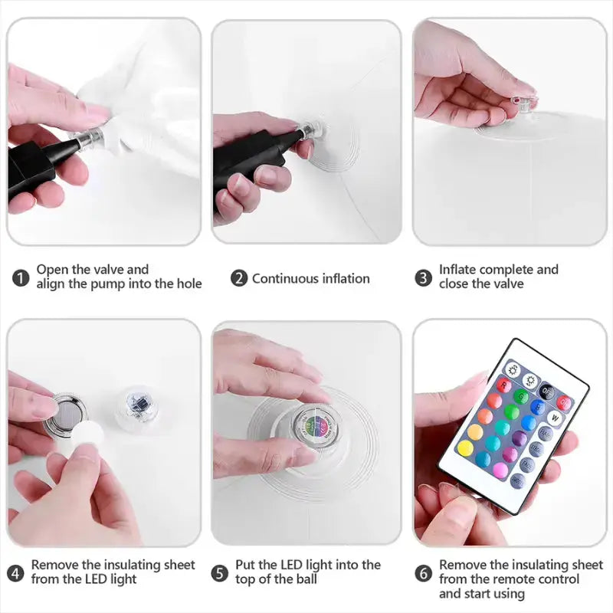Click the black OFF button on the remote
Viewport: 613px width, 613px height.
[x=547, y=391]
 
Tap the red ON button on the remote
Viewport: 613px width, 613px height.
[x=565, y=402]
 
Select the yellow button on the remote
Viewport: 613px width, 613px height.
[x=466, y=447]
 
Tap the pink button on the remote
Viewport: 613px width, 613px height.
[x=501, y=470]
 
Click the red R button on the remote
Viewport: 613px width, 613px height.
[x=504, y=385]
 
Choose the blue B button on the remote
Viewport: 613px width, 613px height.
[x=539, y=407]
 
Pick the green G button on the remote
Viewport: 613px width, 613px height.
[x=521, y=396]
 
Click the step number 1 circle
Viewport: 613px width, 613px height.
[x=21, y=278]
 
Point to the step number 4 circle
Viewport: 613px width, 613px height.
[x=15, y=573]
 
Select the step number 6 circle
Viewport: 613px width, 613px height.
[x=424, y=573]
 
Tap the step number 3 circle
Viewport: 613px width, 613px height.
[x=424, y=278]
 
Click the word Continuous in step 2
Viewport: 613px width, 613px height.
[x=280, y=278]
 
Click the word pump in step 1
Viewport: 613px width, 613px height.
[x=107, y=284]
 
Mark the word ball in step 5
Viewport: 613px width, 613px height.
[x=306, y=579]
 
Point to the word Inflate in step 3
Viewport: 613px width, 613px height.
[x=457, y=270]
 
